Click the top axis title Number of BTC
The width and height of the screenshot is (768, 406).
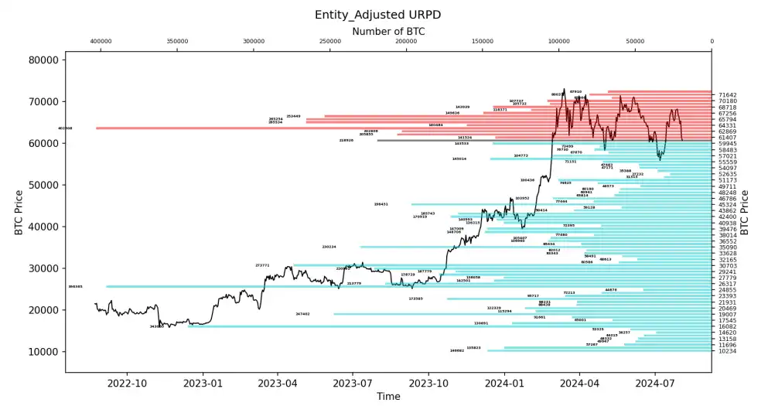click(x=388, y=32)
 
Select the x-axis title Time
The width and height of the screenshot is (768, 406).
click(x=388, y=396)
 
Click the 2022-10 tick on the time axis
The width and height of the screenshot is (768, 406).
click(x=126, y=382)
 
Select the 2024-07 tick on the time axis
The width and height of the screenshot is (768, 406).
click(x=655, y=382)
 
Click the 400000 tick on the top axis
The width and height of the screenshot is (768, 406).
click(x=101, y=42)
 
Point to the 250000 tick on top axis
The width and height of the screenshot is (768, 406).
click(x=329, y=42)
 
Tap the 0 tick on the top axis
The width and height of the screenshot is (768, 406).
click(x=712, y=42)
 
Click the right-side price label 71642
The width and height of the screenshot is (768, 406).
click(x=727, y=94)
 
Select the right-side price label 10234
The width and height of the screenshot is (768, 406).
click(x=727, y=351)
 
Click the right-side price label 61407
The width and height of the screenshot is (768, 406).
click(x=727, y=138)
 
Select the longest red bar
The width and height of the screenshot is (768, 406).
click(x=402, y=128)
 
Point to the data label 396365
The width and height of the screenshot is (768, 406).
click(x=75, y=286)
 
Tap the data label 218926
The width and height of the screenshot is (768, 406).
click(x=346, y=141)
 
